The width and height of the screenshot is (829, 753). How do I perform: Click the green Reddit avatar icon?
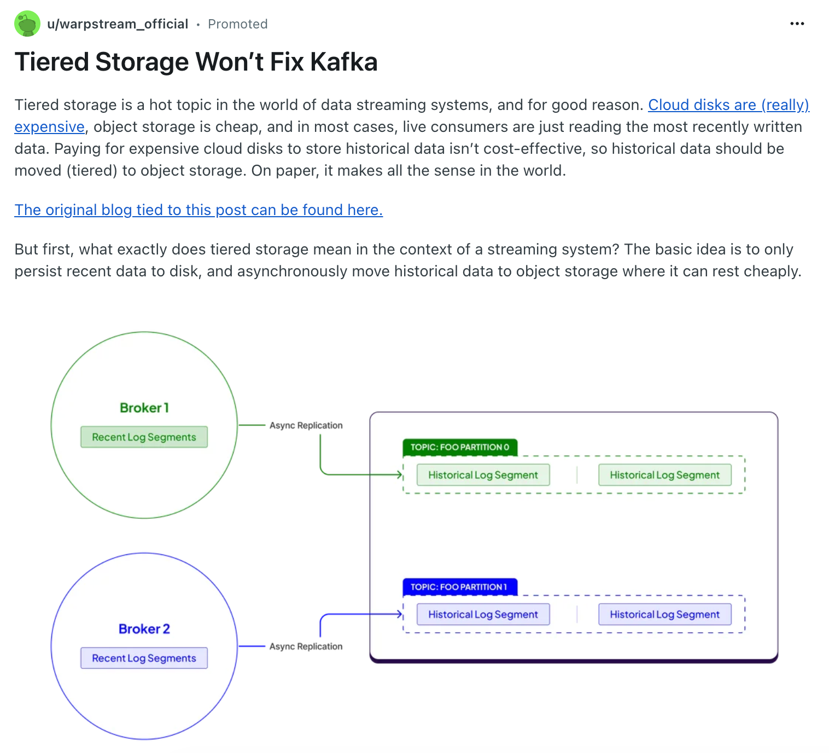pos(27,24)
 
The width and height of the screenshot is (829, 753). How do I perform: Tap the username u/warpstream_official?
pos(118,24)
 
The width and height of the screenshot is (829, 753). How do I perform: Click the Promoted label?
pos(238,24)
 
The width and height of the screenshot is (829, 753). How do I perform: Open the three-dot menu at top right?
pos(797,24)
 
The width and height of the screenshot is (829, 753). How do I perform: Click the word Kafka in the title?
pos(344,62)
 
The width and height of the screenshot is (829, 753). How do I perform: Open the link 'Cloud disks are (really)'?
pos(728,105)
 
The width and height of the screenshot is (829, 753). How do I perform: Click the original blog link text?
pos(199,210)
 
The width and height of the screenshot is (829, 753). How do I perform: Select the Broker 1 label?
pos(144,408)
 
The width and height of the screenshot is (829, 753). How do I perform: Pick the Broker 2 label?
pos(144,629)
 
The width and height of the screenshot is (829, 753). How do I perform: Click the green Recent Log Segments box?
pos(144,437)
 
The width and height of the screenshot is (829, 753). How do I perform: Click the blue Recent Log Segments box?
pos(144,658)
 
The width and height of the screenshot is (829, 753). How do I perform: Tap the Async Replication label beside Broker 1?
pos(306,425)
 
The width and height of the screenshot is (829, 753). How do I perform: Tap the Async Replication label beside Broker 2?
pos(306,646)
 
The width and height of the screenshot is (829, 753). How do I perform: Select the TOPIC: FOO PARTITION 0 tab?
pos(460,447)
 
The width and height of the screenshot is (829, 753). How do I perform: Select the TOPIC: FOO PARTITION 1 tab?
pos(460,587)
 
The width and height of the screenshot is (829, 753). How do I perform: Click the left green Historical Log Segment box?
pos(483,475)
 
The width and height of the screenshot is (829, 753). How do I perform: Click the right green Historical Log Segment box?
pos(664,475)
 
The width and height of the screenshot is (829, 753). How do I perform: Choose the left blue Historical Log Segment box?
pos(483,615)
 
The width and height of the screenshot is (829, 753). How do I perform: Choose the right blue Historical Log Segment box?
pos(664,615)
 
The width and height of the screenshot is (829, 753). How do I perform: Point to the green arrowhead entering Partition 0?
pos(400,474)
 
